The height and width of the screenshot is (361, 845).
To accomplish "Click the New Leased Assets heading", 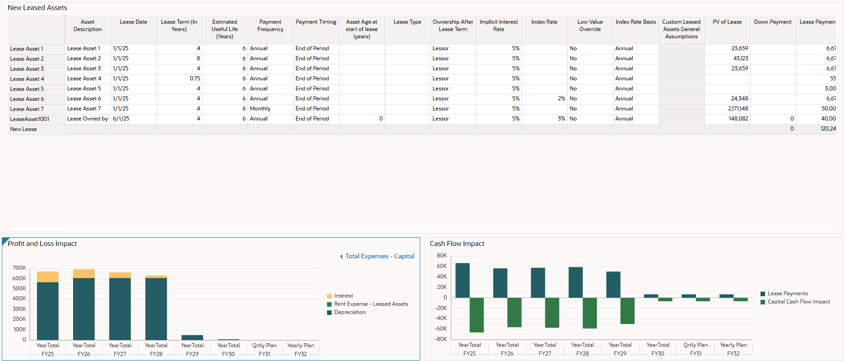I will (37, 8).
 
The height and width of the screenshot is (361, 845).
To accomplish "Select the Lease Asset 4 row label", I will (27, 79).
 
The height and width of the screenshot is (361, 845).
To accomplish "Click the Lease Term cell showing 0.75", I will (195, 78).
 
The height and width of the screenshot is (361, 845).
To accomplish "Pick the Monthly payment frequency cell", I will (260, 109).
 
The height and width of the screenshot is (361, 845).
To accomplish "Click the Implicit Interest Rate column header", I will (498, 26).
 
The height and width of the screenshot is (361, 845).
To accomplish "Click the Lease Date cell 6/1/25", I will (121, 119).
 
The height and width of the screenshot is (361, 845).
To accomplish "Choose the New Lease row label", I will (23, 129).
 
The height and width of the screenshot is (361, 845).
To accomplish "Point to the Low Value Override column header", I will (590, 26).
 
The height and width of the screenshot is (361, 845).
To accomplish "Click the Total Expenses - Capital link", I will (379, 256).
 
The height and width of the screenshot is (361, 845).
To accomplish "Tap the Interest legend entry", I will (343, 296).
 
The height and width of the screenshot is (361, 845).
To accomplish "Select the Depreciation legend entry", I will (349, 312).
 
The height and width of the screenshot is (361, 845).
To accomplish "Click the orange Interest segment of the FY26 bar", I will (84, 273).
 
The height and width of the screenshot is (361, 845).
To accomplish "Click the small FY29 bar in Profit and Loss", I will (192, 338).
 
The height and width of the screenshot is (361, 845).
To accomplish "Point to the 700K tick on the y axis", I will (19, 268).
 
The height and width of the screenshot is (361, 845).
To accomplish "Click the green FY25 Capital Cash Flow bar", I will (476, 315).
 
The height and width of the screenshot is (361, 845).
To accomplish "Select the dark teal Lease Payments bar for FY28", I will (576, 283).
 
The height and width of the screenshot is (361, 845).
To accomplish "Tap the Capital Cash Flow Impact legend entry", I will (798, 302).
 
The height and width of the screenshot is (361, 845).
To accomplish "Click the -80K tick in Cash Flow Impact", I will (441, 339).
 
